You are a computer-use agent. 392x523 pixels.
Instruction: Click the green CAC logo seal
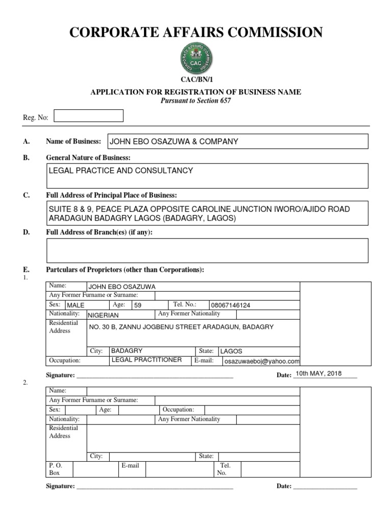(x=196, y=58)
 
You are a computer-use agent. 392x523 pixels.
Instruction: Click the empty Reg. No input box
(x=88, y=116)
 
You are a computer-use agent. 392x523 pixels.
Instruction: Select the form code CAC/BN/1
(x=196, y=80)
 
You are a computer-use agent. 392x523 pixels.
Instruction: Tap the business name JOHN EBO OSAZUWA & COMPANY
(x=174, y=141)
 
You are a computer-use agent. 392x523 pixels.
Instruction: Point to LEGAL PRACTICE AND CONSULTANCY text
(x=121, y=171)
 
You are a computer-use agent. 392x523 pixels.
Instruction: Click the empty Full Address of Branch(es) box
(x=207, y=250)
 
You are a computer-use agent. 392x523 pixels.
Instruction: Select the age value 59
(x=138, y=305)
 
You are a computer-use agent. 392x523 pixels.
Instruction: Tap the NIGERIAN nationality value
(x=104, y=316)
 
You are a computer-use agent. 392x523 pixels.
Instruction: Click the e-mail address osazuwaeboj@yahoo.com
(x=262, y=361)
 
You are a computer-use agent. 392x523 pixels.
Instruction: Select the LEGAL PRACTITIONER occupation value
(x=146, y=360)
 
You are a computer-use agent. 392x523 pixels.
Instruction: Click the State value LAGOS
(x=231, y=351)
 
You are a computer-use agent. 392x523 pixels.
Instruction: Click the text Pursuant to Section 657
(x=196, y=101)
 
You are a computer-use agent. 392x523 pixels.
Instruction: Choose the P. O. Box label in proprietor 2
(x=55, y=469)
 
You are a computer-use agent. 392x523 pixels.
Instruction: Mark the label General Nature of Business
(x=88, y=157)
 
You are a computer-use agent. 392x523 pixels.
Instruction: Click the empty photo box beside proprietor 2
(x=335, y=432)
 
